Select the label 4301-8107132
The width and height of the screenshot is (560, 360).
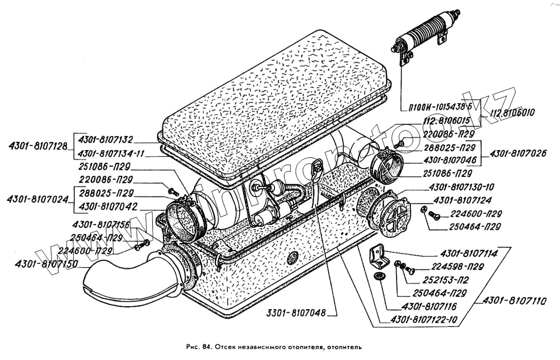coord(106,139)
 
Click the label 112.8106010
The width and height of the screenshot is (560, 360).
coord(513,113)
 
